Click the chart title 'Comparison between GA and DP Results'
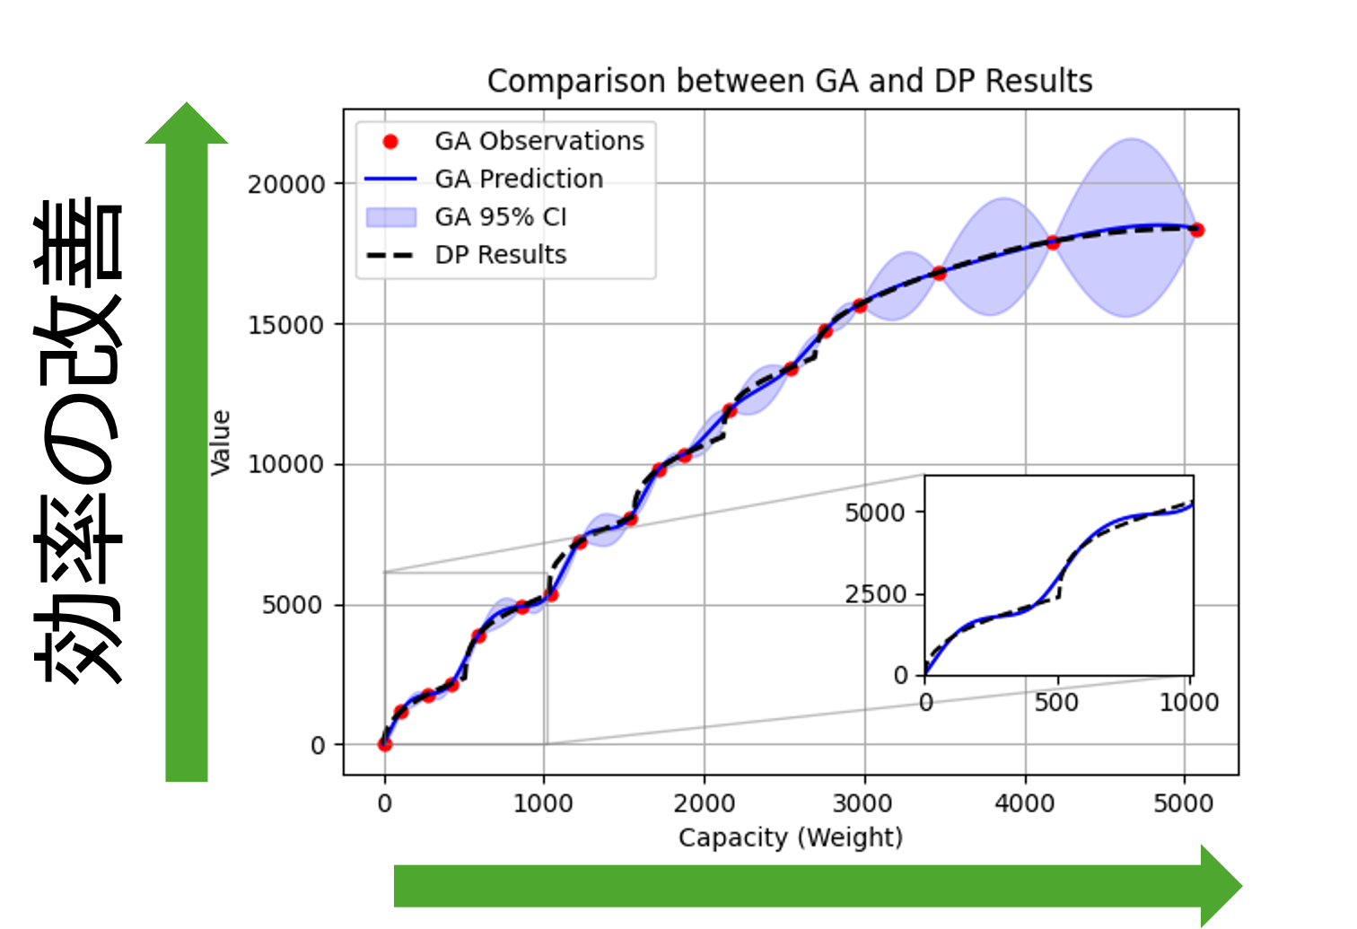790,82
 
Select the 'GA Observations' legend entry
538,141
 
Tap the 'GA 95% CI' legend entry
500,217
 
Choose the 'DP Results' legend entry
500,255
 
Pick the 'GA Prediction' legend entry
518,180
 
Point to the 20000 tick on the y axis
286,184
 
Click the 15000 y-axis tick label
286,325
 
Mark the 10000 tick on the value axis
286,465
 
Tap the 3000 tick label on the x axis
863,802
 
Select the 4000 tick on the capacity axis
1024,802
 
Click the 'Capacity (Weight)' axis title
790,837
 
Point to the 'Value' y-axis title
221,443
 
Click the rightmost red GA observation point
1196,230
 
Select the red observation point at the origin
385,744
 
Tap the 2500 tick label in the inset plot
875,594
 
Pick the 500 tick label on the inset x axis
1056,702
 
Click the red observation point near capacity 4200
1053,242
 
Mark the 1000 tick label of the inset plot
1188,702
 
